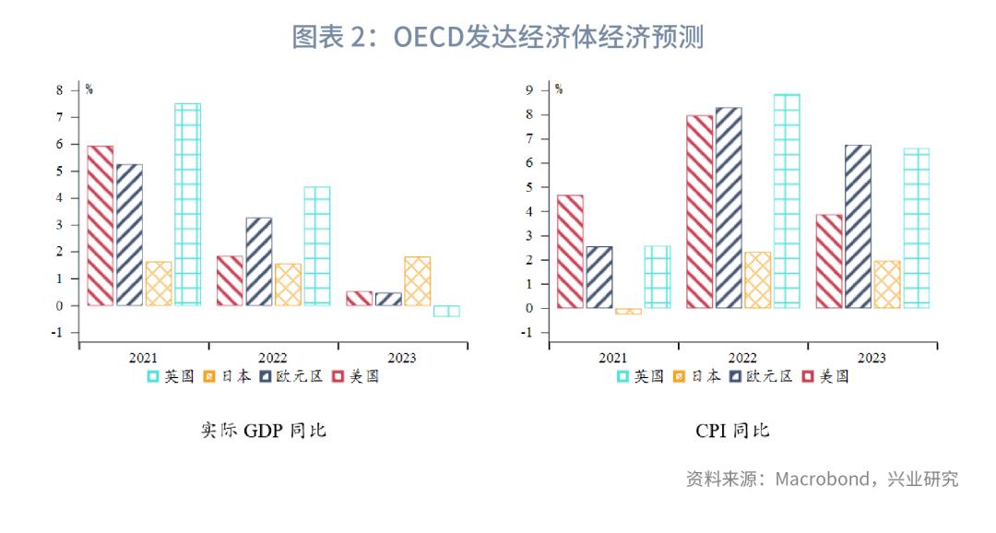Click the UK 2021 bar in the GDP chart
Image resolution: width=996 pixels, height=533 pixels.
[x=187, y=204]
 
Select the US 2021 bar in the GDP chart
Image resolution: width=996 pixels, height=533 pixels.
[x=101, y=225]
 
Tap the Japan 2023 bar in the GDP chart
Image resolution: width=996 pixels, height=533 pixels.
[x=417, y=280]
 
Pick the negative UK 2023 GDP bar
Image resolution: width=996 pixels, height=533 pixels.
[x=446, y=311]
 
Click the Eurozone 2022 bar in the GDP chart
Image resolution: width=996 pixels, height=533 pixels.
[x=259, y=261]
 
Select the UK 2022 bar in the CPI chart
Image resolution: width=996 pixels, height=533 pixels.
[x=787, y=201]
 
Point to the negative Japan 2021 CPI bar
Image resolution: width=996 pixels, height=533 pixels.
[x=628, y=312]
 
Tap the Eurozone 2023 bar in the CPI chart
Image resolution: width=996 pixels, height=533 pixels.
[x=858, y=226]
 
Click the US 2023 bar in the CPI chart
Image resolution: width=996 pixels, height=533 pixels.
[x=829, y=261]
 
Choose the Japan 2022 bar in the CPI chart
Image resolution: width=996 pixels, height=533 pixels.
[x=757, y=279]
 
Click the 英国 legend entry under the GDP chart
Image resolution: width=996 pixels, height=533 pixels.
[x=171, y=376]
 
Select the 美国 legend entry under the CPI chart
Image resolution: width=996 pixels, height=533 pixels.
[x=825, y=376]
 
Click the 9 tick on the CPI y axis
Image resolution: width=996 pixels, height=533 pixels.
[x=531, y=90]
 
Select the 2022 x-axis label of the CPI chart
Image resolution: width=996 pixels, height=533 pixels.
[x=742, y=358]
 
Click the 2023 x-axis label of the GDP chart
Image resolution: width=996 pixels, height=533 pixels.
[x=402, y=358]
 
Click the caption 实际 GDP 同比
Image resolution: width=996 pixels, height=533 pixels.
[x=264, y=431]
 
